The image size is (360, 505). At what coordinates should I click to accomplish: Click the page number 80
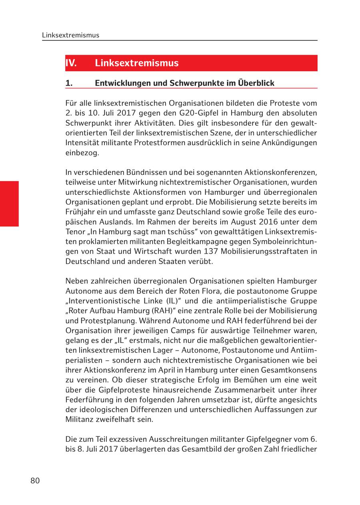coord(35,481)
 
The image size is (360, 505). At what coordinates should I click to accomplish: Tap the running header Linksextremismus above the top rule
coord(70,35)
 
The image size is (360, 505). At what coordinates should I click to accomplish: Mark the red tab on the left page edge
coord(9,204)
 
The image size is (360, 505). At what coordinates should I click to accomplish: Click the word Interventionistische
coord(102,301)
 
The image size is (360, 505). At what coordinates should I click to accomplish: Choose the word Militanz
coord(78,419)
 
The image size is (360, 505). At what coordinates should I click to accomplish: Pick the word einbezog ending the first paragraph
coord(82,153)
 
